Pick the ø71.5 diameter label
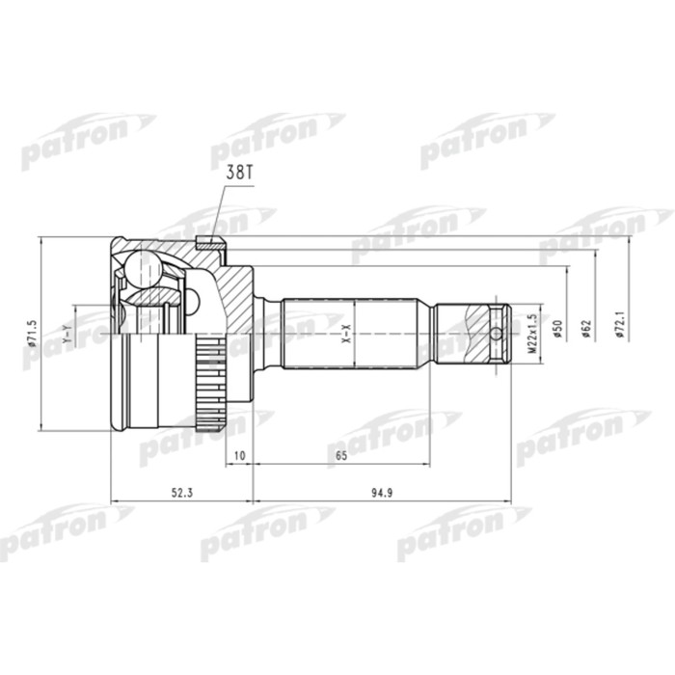tap(33, 333)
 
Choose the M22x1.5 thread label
tap(530, 333)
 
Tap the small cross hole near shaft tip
tap(496, 335)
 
